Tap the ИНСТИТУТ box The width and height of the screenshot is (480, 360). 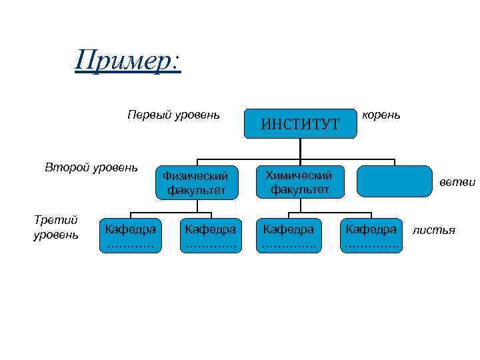click(300, 123)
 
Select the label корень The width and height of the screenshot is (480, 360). click(381, 115)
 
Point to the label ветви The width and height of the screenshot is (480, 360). click(457, 182)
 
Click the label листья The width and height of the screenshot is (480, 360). click(434, 231)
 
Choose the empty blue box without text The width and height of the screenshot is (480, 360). click(395, 181)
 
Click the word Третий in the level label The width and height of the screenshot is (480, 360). click(55, 220)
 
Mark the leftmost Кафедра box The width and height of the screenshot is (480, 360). click(131, 236)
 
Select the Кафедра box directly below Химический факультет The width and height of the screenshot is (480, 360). click(289, 236)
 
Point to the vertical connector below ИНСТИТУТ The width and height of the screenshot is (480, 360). click(300, 149)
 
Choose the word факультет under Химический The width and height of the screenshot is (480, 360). click(299, 189)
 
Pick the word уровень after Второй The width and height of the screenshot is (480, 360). click(116, 167)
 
